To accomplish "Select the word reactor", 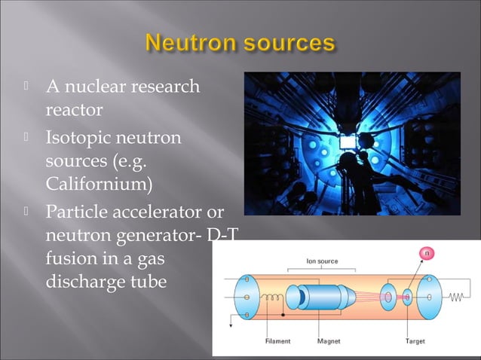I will click(74, 110).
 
